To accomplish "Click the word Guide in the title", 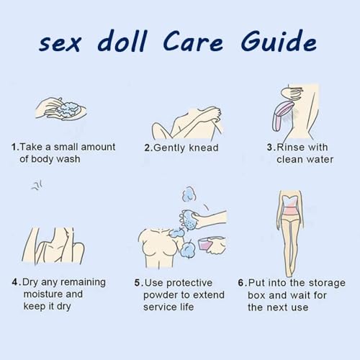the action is [279, 41].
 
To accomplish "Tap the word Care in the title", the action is [193, 42].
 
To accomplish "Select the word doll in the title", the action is [122, 41].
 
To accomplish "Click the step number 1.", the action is [14, 147].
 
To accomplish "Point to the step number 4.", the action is [15, 282].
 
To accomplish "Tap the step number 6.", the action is [241, 283].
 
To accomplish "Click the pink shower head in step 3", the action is [283, 115].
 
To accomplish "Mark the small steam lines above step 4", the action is [37, 186].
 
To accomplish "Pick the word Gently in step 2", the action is [170, 148].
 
